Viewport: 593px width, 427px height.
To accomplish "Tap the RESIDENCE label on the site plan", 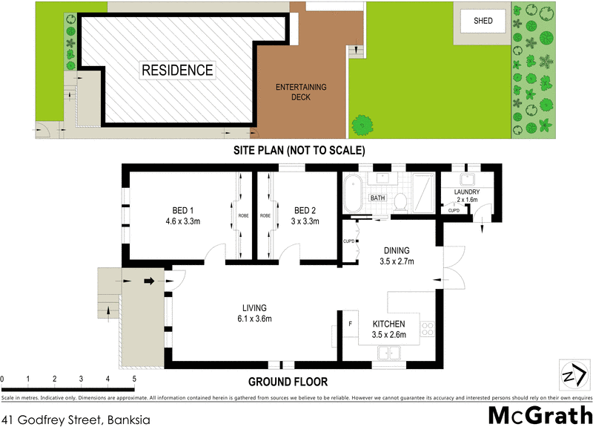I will (x=178, y=71).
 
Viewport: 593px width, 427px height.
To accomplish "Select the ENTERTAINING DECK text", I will (x=301, y=91).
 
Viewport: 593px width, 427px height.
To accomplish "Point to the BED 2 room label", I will (x=305, y=215).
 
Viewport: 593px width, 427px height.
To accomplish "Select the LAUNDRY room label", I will (x=467, y=196).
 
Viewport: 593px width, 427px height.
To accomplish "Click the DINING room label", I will (x=397, y=255).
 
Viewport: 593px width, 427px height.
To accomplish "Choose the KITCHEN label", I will (x=388, y=329).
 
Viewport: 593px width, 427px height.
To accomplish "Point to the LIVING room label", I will (x=253, y=313).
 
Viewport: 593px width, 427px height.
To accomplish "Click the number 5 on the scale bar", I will (x=134, y=379).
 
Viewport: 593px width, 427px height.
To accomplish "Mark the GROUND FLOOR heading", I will (x=288, y=382).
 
